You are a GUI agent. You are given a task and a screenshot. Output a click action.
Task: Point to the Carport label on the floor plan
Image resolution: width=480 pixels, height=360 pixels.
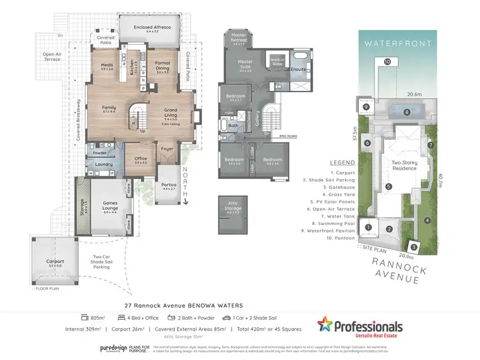coord(55,262)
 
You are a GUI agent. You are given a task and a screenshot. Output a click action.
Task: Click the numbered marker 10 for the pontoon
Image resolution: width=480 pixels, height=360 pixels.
coord(387,61)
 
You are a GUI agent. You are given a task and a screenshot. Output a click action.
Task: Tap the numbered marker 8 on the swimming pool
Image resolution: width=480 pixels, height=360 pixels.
coord(406,113)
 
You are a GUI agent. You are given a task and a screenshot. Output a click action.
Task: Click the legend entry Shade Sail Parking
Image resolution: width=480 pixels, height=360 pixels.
coord(348,181)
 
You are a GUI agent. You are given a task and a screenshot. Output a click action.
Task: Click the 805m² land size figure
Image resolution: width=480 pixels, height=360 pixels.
coord(97,317)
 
